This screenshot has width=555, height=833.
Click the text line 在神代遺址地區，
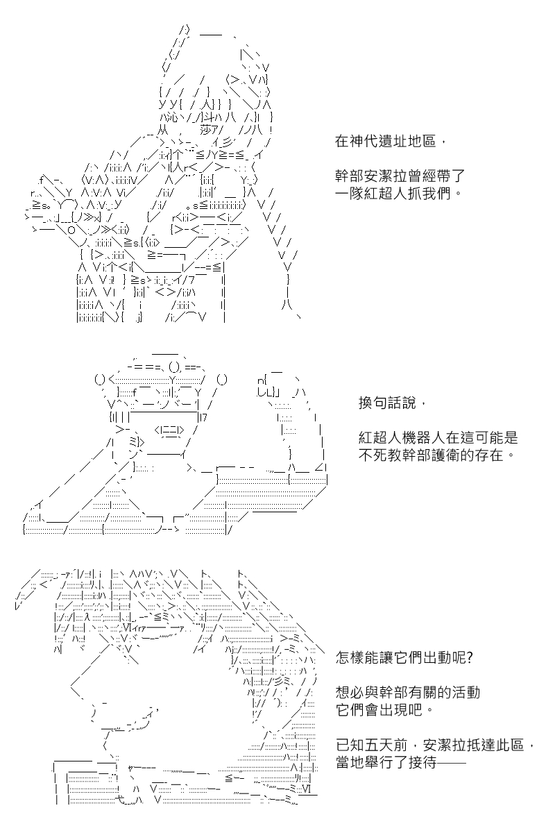click(x=390, y=142)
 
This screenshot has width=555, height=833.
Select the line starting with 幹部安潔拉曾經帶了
click(x=400, y=176)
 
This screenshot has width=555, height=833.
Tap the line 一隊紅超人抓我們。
click(x=398, y=194)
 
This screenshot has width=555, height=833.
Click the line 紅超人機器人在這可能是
click(x=438, y=438)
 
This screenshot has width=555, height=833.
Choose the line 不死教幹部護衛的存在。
click(x=436, y=455)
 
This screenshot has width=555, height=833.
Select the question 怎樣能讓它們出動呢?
click(x=404, y=658)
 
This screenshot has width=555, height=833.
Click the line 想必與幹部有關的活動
click(x=408, y=693)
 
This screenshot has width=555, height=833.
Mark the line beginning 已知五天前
click(x=435, y=746)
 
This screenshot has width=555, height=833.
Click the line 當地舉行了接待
click(x=401, y=763)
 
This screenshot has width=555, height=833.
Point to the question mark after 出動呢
click(x=469, y=658)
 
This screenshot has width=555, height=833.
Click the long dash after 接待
click(x=452, y=763)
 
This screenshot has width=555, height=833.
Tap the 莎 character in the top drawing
click(x=206, y=130)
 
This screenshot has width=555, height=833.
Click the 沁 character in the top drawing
click(x=173, y=118)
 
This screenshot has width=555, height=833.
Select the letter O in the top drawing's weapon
click(x=71, y=230)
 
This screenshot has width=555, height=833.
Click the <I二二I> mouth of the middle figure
click(x=169, y=430)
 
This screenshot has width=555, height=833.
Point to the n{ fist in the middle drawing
click(x=262, y=380)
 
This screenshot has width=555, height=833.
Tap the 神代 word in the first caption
click(x=364, y=142)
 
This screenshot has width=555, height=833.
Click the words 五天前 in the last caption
click(x=386, y=746)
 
